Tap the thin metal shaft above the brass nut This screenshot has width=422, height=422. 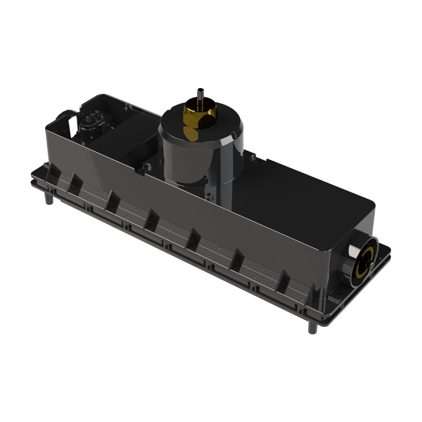[x=200, y=95]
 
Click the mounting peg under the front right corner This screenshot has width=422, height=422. [x=312, y=327]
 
